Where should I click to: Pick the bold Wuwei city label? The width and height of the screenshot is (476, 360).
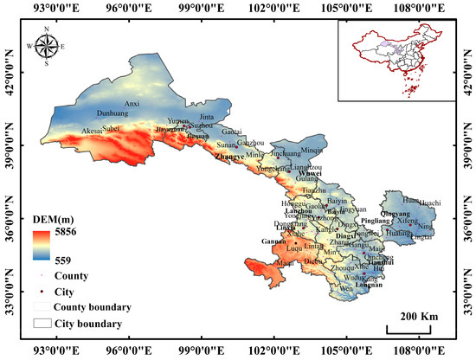[x=309, y=174]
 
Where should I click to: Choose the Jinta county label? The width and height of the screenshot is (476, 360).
[x=206, y=116]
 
